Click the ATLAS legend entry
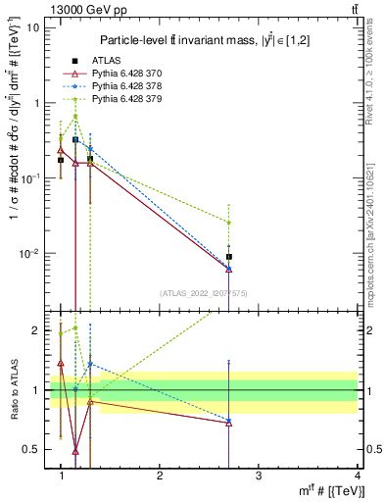point(105,61)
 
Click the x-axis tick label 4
point(357,476)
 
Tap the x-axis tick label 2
point(160,476)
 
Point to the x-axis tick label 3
point(258,476)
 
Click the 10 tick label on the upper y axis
point(33,26)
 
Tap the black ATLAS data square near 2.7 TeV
point(228,257)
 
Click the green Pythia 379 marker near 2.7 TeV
point(228,223)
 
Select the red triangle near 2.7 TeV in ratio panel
point(228,423)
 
